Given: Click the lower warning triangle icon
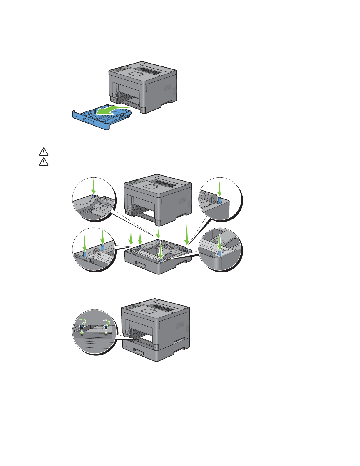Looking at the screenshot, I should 44,162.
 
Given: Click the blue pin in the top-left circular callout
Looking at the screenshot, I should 93,196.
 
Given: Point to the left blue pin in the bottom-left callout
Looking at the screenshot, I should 84,254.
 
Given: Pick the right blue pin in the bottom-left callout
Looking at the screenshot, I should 103,247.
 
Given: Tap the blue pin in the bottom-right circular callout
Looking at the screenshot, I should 219,253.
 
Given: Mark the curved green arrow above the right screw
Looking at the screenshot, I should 106,321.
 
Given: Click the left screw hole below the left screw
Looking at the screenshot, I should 82,334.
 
